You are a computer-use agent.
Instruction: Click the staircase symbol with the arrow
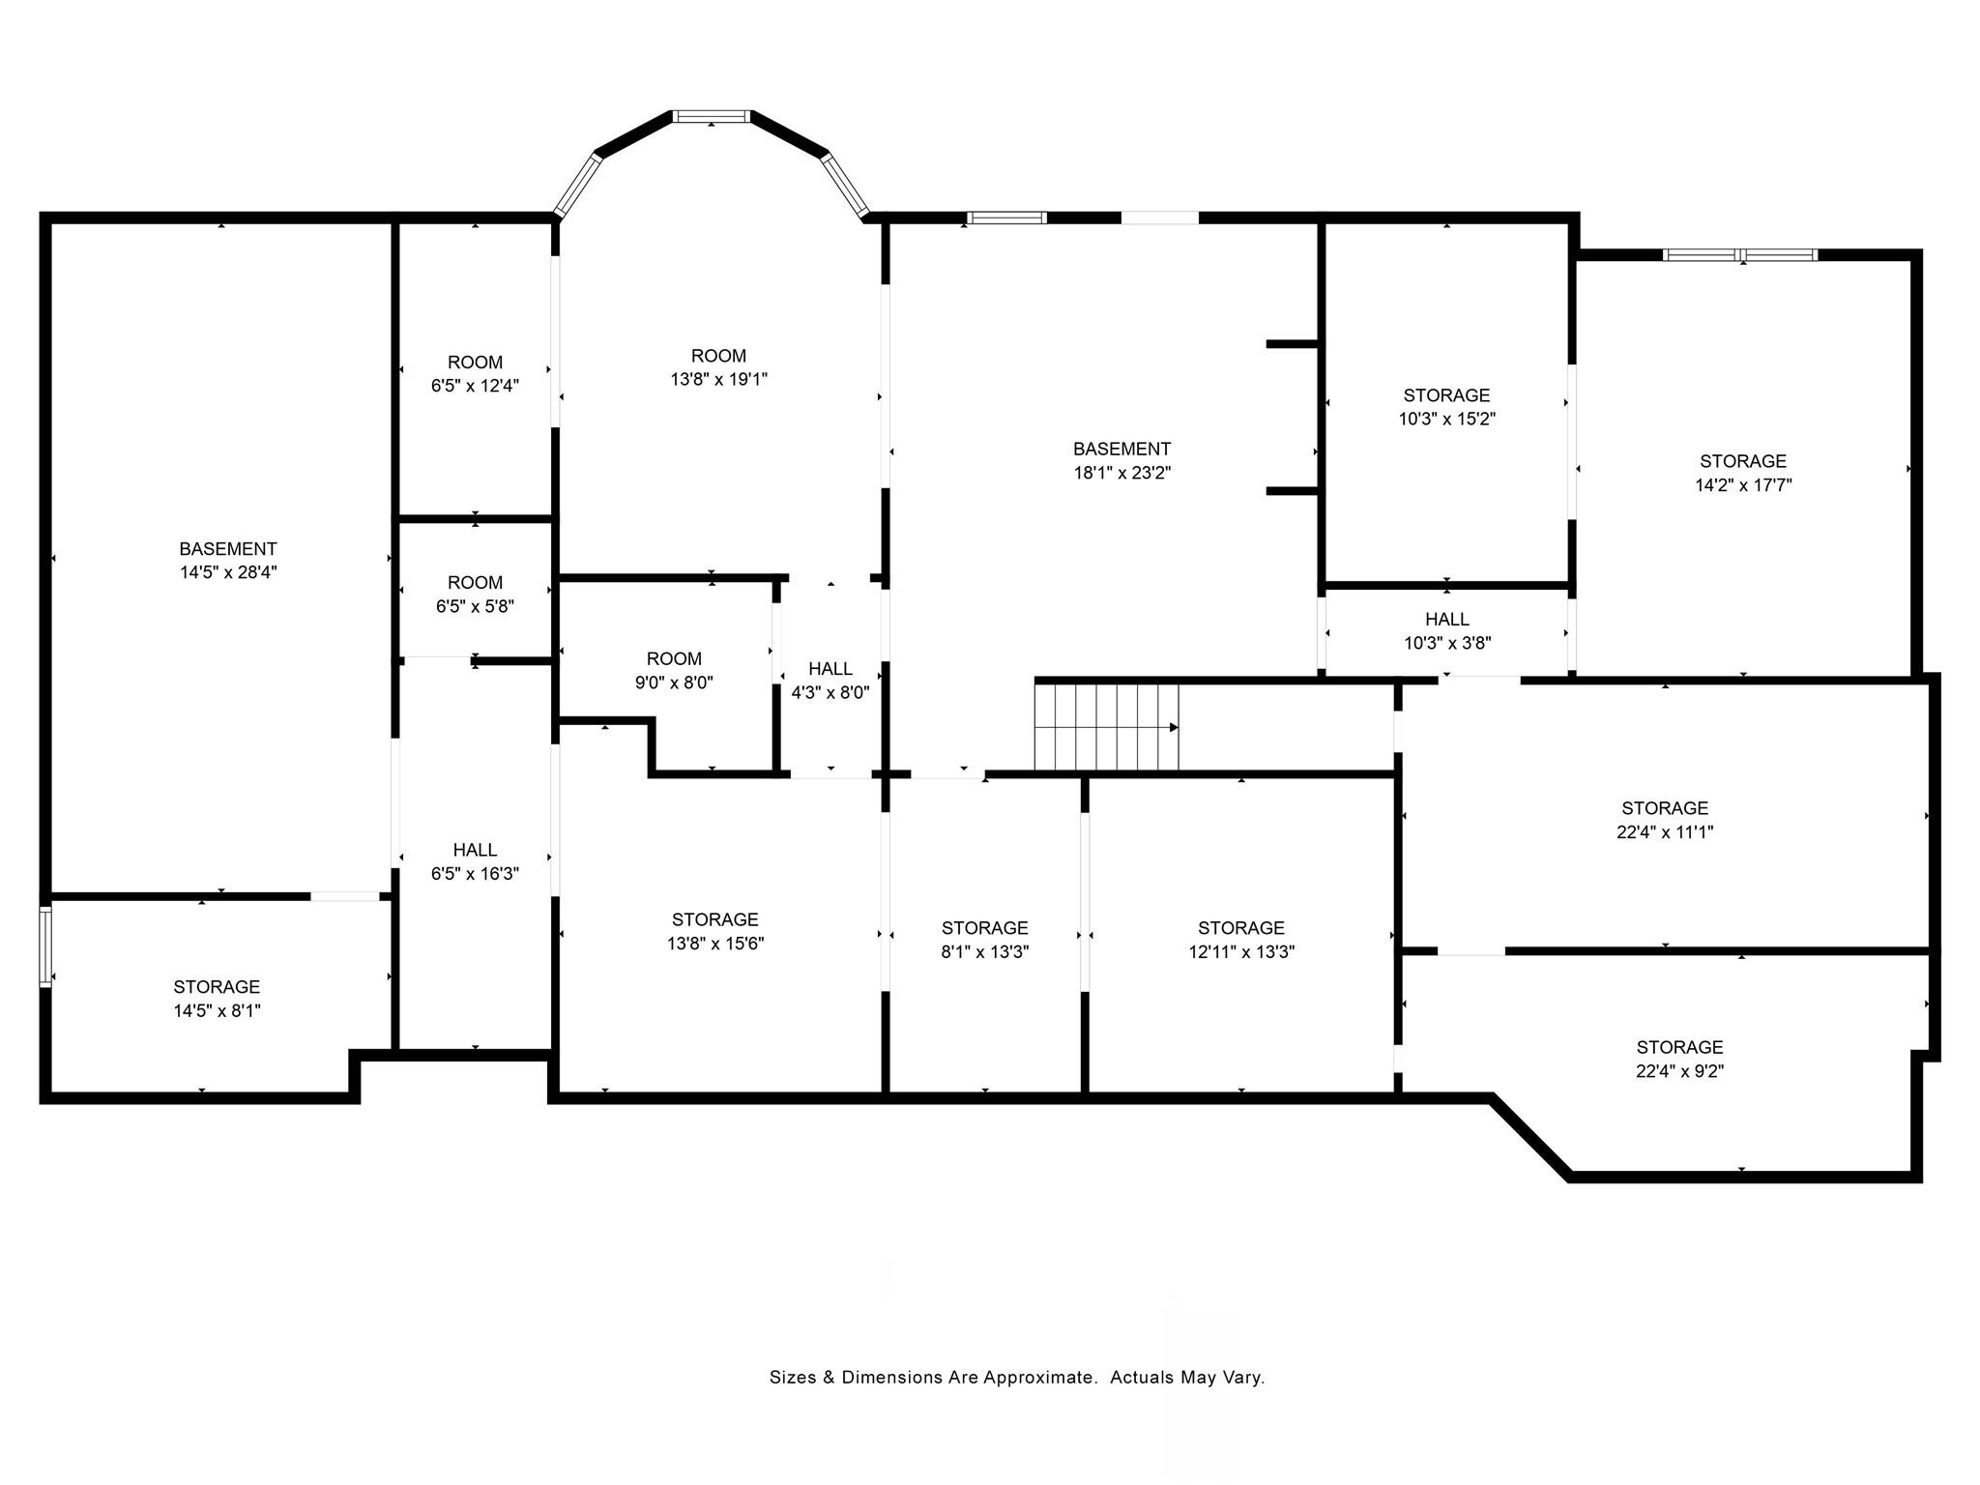1106,727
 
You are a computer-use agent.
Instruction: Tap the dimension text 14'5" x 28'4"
228,572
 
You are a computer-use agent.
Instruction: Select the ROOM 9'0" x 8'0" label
674,671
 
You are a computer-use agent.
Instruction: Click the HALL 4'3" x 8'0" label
830,681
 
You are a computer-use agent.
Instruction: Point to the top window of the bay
712,117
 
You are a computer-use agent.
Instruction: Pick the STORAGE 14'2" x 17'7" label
1743,473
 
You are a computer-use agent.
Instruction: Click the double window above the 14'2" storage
1740,255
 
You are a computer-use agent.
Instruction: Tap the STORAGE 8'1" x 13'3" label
984,940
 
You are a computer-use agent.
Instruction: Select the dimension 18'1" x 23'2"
1121,473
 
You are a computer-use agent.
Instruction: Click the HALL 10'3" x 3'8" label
1447,630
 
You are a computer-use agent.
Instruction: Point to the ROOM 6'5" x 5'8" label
475,595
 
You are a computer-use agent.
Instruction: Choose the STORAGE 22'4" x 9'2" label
1679,1059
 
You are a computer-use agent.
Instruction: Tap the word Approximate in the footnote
1039,1378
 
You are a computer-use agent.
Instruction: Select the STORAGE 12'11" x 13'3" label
1240,940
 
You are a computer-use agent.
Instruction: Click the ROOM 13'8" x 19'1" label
718,367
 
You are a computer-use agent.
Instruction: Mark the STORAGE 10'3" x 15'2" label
1446,407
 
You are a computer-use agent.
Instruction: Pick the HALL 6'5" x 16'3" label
475,861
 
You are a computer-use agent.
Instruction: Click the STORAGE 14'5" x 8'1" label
217,999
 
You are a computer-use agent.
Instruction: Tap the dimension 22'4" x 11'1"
1665,832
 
